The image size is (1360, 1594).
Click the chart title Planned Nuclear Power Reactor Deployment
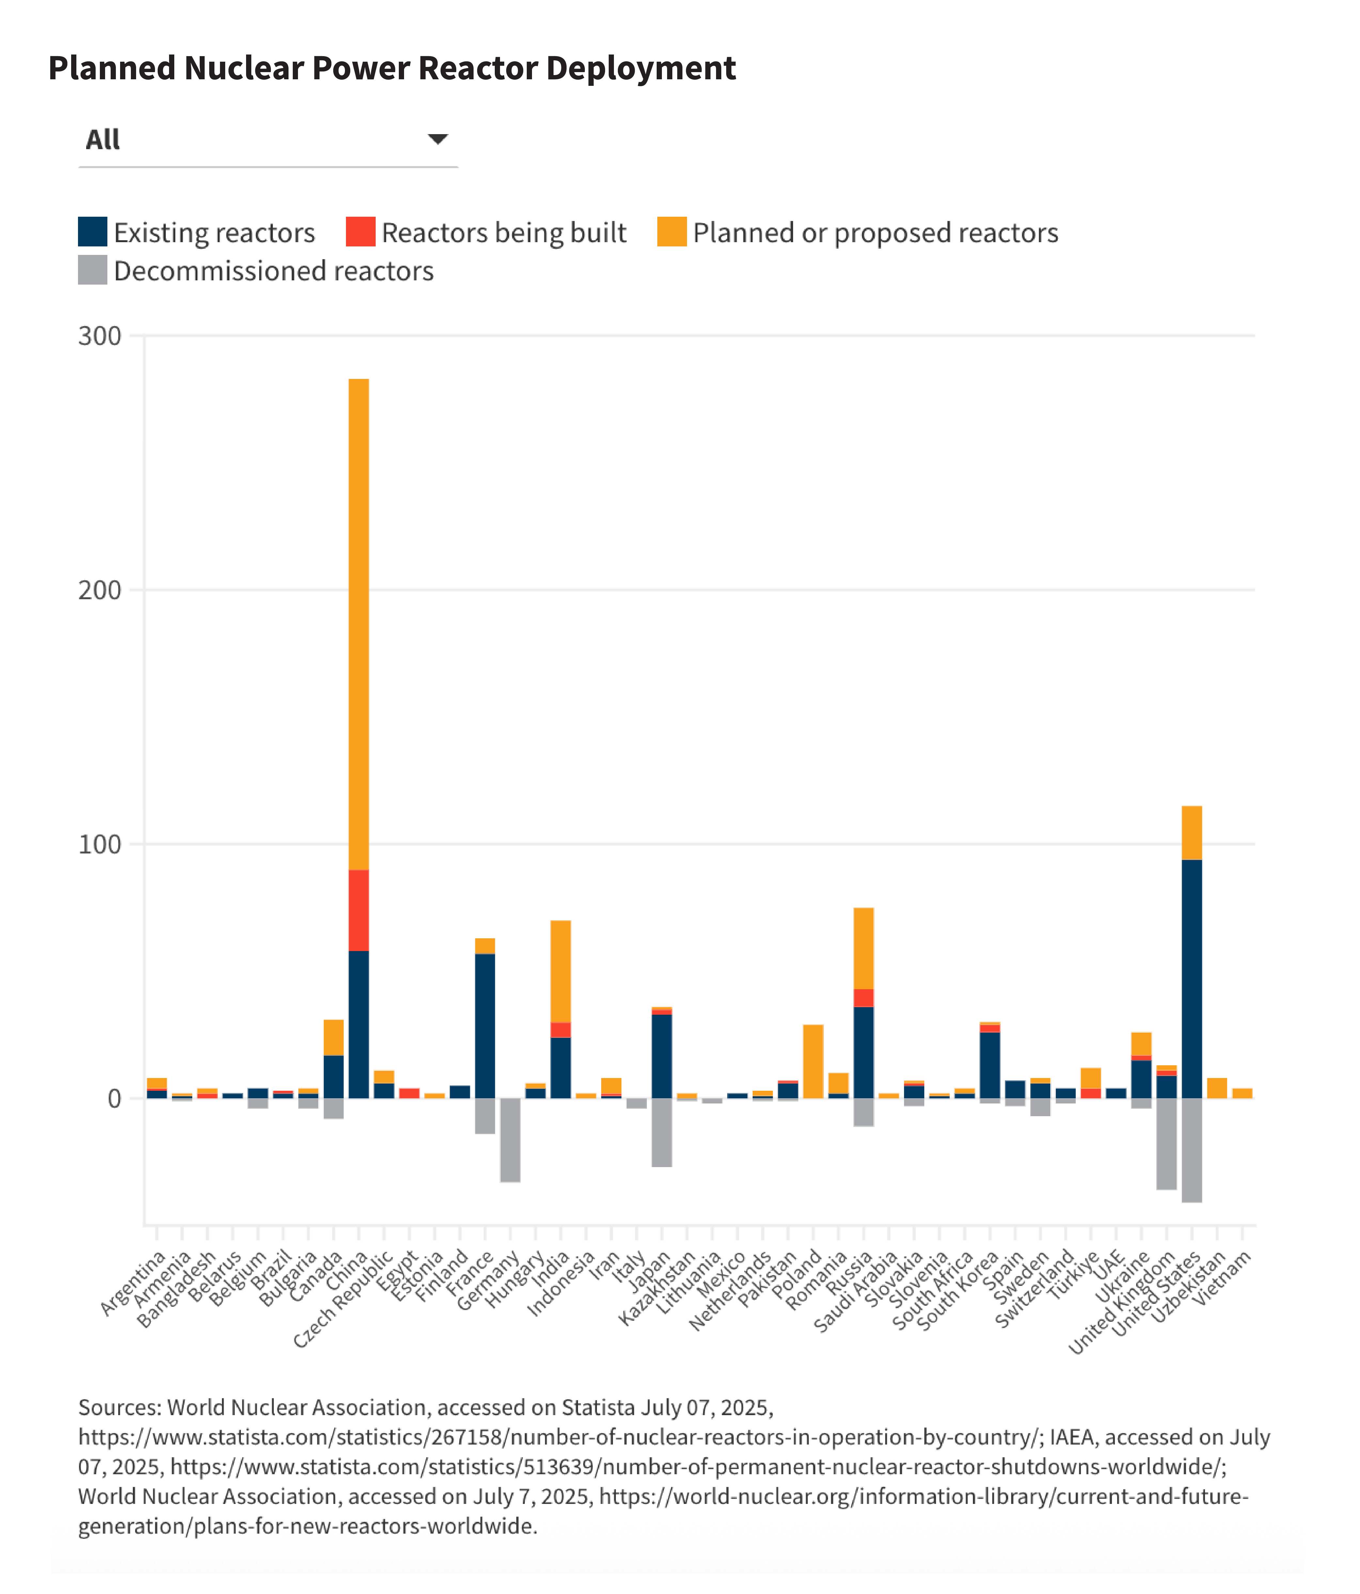point(392,69)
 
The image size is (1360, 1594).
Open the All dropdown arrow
point(438,139)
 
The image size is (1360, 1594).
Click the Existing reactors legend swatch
point(92,232)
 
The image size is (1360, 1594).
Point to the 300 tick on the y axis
point(100,336)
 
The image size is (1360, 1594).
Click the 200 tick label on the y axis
point(100,590)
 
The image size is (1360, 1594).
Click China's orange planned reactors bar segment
point(358,623)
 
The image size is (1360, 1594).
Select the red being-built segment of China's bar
point(358,910)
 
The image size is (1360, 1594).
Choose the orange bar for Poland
point(813,1062)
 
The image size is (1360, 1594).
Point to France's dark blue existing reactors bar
point(485,1025)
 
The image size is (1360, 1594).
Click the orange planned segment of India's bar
point(561,971)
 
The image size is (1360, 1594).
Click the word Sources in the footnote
point(119,1408)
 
